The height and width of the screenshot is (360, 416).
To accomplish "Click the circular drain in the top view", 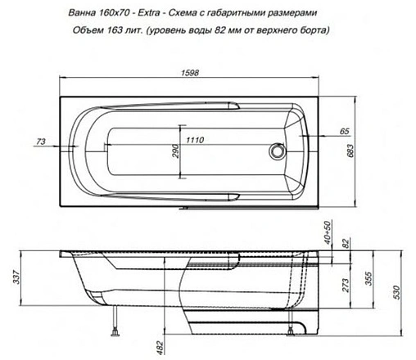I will point(277,151).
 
